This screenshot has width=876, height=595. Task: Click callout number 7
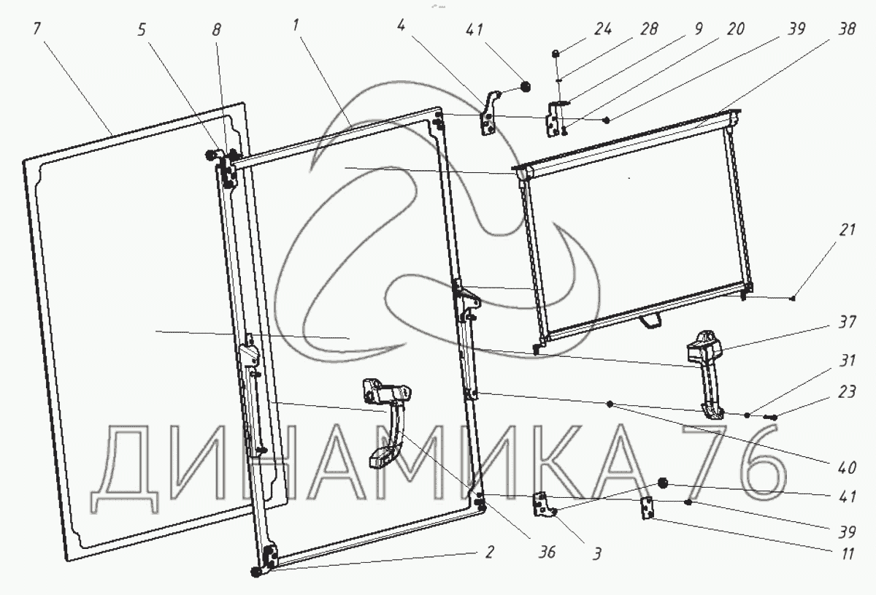pyautogui.click(x=37, y=29)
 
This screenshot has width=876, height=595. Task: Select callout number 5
pyautogui.click(x=142, y=30)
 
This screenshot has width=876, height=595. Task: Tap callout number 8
pyautogui.click(x=217, y=30)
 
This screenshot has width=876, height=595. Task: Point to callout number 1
pyautogui.click(x=295, y=26)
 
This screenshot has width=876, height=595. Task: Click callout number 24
pyautogui.click(x=603, y=29)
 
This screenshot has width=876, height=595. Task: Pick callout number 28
pyautogui.click(x=649, y=29)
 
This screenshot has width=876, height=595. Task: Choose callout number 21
pyautogui.click(x=847, y=230)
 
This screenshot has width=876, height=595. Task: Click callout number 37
pyautogui.click(x=847, y=323)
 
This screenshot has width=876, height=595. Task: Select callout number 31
pyautogui.click(x=847, y=361)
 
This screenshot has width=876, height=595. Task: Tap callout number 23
pyautogui.click(x=847, y=392)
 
